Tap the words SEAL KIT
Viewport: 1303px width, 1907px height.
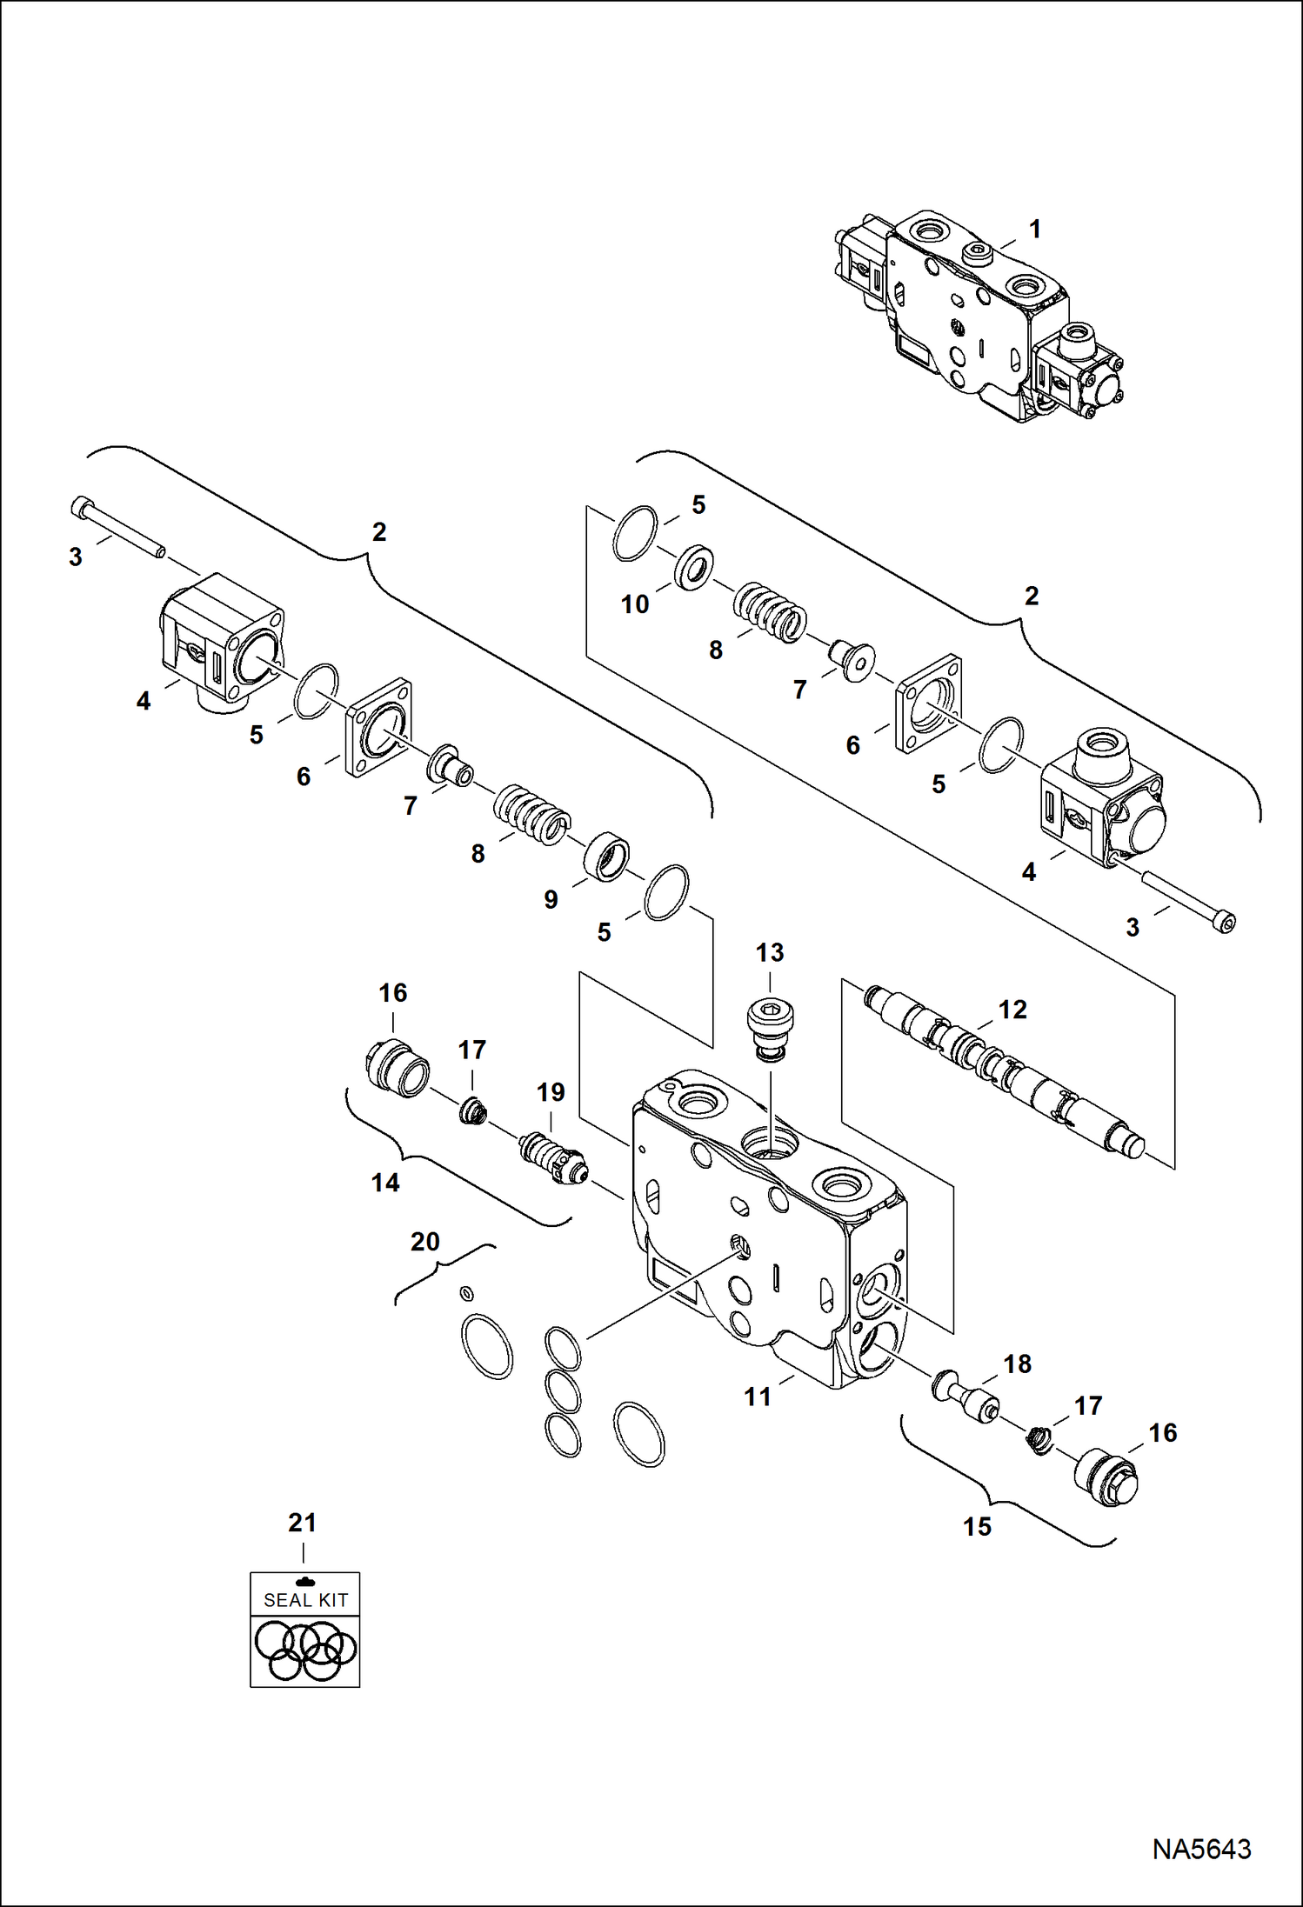coord(305,1600)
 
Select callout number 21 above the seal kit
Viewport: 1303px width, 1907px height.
coord(302,1523)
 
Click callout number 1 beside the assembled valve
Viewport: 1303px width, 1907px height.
coord(1034,230)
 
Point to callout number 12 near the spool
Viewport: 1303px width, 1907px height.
coord(1012,1010)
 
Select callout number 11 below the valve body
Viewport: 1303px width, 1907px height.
coord(757,1397)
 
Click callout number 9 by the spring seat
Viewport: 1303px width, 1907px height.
coord(551,900)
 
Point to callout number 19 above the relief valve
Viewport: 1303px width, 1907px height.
coord(551,1092)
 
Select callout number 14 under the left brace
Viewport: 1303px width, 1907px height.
coord(385,1183)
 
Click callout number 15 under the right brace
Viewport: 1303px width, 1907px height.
coord(977,1527)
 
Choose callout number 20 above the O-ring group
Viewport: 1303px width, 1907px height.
coord(424,1242)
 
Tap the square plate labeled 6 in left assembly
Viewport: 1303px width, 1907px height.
coord(378,729)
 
